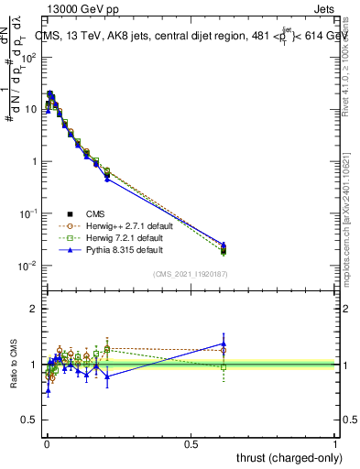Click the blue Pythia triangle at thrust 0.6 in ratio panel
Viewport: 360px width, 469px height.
pyautogui.click(x=224, y=344)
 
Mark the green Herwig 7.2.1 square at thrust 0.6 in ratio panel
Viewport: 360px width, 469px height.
pyautogui.click(x=224, y=366)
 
